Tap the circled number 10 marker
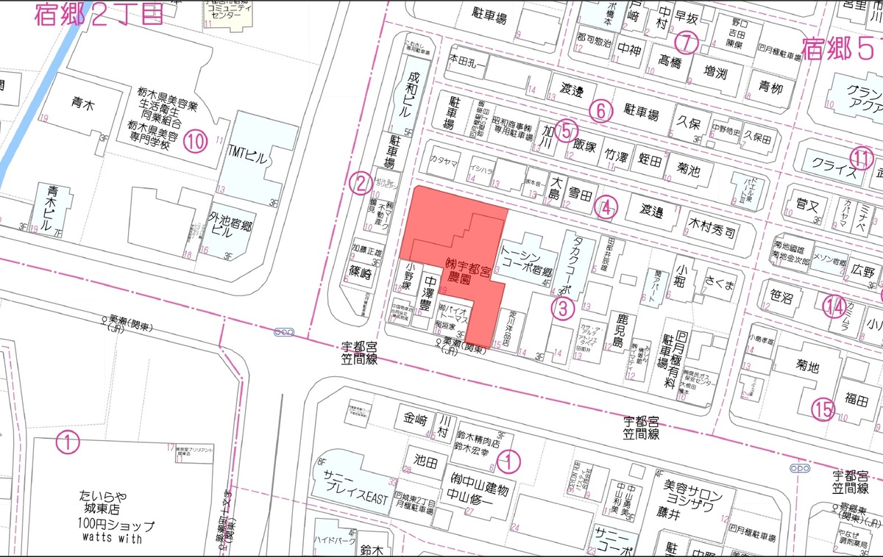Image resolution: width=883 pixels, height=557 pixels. (195, 140)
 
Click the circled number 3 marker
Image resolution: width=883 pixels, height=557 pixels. (563, 309)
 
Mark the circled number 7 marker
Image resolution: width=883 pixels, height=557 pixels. (687, 43)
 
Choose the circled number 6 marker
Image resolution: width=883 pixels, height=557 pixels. (600, 110)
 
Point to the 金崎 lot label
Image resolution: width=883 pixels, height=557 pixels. (415, 420)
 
